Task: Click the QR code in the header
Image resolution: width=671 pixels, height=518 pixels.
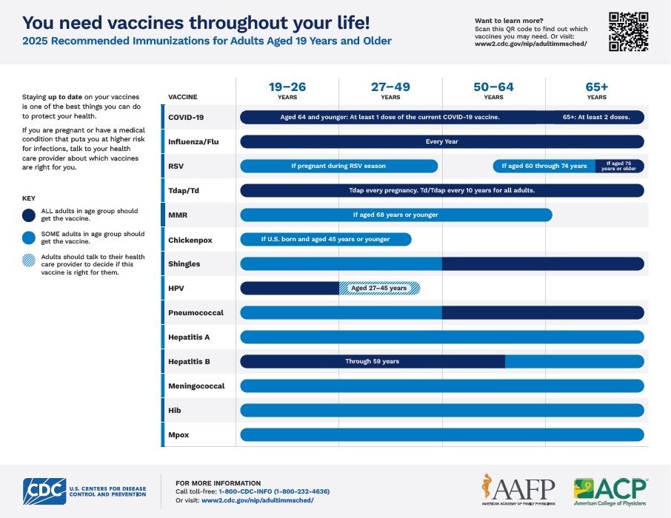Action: (x=628, y=32)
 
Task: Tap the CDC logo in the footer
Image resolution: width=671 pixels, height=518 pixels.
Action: (x=44, y=491)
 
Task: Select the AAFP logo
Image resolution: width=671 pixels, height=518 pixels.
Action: (x=518, y=489)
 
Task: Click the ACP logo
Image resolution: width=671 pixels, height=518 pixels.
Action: (x=610, y=491)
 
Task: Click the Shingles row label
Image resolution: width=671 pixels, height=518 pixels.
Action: (x=184, y=264)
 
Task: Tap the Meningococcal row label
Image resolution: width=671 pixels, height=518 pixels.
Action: (x=196, y=386)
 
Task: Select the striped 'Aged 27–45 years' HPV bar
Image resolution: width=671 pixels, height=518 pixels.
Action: (x=379, y=289)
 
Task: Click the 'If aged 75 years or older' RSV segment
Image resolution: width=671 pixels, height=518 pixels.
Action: (x=619, y=166)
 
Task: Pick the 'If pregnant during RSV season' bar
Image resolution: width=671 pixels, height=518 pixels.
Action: (x=338, y=166)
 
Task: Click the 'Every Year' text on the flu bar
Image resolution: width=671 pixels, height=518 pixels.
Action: (x=441, y=141)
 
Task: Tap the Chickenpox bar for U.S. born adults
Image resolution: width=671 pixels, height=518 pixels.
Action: (x=325, y=240)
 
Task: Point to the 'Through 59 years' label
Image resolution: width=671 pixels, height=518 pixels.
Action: (x=372, y=362)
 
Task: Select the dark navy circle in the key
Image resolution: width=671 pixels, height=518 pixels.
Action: (x=29, y=215)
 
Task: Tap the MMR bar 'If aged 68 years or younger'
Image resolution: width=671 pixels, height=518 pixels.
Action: (x=395, y=215)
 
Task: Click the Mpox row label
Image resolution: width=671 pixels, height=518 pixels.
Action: (x=178, y=435)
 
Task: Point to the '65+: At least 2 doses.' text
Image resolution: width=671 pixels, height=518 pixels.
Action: (x=596, y=117)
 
